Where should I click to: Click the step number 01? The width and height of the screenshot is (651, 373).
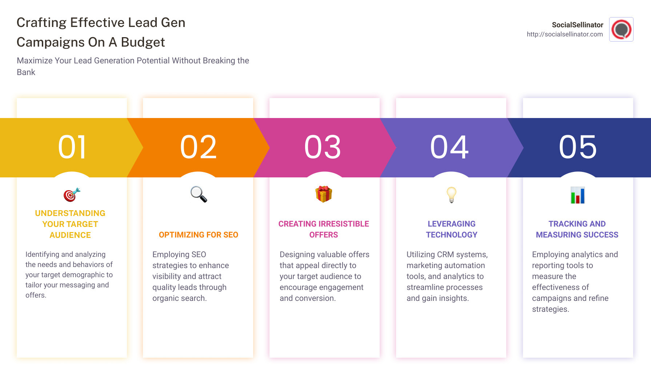tap(72, 147)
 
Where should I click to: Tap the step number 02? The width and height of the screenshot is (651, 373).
tap(198, 147)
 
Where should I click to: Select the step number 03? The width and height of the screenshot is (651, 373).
tap(323, 147)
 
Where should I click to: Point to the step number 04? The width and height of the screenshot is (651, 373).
tap(450, 147)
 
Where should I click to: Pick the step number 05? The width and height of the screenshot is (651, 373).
tap(578, 147)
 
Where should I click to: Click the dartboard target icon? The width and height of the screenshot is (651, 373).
tap(72, 195)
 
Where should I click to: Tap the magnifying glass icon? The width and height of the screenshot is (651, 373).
tap(199, 194)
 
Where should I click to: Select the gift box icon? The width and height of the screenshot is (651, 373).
tap(324, 194)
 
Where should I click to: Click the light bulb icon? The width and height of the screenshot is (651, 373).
tap(451, 195)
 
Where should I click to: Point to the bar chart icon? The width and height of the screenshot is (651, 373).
tap(578, 195)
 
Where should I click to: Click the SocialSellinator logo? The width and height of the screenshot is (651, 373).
tap(621, 30)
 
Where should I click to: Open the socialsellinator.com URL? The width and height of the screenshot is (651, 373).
tap(564, 34)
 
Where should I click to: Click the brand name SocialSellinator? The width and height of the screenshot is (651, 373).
tap(577, 25)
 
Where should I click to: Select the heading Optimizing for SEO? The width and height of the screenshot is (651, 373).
tap(198, 235)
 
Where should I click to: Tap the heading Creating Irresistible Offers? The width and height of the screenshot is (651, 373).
tap(324, 229)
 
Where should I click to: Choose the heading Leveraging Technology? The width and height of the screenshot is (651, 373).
tap(451, 229)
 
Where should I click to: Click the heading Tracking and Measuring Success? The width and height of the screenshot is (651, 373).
tap(577, 229)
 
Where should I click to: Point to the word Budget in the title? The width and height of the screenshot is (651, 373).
tap(143, 42)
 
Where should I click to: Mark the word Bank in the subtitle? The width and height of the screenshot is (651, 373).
tap(26, 72)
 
